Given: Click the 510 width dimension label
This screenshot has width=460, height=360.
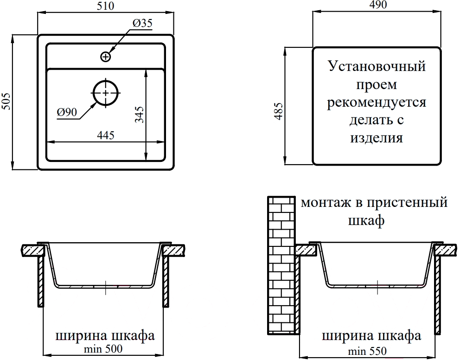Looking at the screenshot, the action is [105, 6].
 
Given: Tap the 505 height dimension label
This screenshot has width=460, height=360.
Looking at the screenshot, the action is [6, 102].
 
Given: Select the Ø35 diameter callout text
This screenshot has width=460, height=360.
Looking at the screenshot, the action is [142, 23].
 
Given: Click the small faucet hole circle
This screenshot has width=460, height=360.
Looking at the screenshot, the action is [106, 56].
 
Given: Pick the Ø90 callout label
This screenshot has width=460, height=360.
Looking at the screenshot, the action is [67, 112].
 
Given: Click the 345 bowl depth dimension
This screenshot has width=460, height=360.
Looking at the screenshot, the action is [140, 115].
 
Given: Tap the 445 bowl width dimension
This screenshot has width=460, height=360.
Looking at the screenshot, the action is [106, 135].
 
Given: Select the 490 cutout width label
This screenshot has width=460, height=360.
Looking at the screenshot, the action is [378, 5].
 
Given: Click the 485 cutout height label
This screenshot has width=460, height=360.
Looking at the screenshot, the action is [279, 111].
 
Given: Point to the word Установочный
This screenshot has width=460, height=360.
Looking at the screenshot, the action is [377, 66].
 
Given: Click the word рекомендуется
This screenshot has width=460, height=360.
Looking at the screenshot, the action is [377, 102].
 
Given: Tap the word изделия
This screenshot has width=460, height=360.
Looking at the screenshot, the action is [377, 138].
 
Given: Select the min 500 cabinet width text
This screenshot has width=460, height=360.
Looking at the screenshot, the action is [103, 349].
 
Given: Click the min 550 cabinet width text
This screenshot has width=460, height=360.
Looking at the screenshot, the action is [367, 351].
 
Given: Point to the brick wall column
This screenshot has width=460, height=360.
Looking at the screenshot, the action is [281, 265].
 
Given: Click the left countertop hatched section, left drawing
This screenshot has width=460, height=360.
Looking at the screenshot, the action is [33, 251].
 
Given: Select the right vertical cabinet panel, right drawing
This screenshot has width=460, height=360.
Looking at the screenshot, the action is [438, 296].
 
